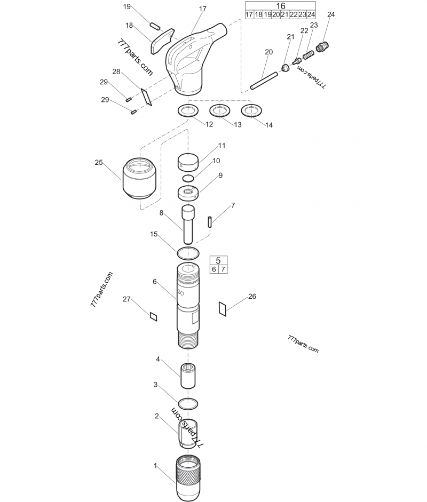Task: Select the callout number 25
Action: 99,163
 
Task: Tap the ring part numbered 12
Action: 187,111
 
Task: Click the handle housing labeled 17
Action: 190,59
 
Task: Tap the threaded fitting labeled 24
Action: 321,46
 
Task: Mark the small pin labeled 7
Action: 211,221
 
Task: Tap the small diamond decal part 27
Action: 154,316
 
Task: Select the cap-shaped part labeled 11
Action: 187,160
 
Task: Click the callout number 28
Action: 116,71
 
